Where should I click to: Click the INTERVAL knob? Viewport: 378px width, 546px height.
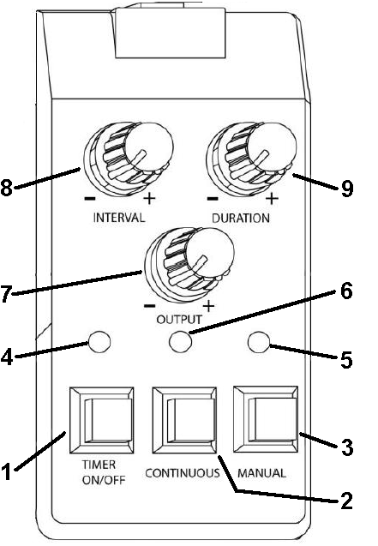point(128,158)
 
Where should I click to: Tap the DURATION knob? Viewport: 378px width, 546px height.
point(251,158)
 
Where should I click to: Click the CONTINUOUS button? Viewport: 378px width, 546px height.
point(184,420)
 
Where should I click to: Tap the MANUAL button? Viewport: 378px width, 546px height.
point(266,419)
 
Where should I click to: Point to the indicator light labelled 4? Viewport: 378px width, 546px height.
point(99,342)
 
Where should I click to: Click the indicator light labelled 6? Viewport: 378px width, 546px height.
point(180,342)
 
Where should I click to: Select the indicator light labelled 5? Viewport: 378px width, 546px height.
point(259,342)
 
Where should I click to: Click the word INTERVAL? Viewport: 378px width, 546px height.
point(119,218)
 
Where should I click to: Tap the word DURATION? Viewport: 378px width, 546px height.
point(241,218)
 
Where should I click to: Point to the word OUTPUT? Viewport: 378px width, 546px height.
point(179,320)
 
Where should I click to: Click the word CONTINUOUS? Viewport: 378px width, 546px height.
point(183,473)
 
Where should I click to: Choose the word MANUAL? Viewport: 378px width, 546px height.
point(261,473)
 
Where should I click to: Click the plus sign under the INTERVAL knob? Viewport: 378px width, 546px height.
point(149,199)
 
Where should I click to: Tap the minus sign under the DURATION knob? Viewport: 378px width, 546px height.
point(213,199)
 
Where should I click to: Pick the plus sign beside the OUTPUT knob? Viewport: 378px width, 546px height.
point(208,306)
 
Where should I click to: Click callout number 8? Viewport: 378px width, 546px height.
point(6,188)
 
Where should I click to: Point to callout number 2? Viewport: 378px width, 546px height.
point(346,501)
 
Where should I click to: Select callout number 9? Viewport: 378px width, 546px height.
point(347,189)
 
